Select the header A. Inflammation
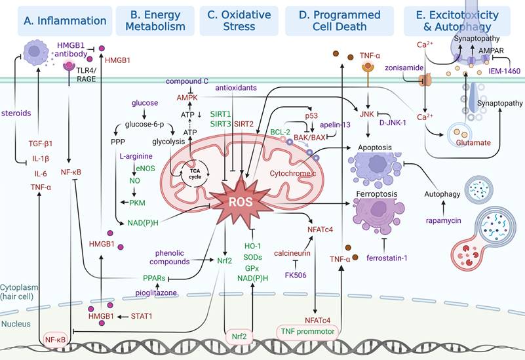coord(57,20)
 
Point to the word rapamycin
coord(445,220)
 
